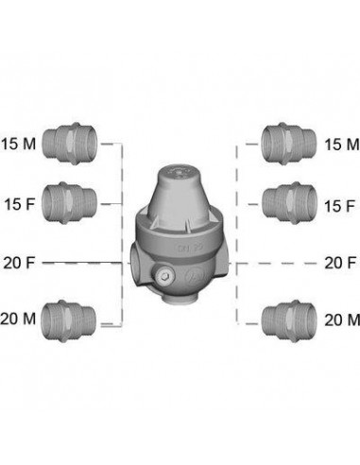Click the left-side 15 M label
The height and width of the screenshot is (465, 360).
click(18, 144)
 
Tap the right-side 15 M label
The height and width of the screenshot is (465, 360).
click(342, 145)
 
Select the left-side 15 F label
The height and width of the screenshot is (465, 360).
click(20, 204)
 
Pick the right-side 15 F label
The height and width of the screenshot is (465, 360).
click(339, 206)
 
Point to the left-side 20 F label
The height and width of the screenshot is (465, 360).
click(19, 263)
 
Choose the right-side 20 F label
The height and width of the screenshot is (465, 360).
click(340, 263)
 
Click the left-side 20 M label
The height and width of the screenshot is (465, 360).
click(18, 319)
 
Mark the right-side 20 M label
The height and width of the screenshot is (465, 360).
click(342, 320)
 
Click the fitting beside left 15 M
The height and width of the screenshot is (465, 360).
click(69, 144)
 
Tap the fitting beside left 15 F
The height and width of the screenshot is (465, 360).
click(69, 203)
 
